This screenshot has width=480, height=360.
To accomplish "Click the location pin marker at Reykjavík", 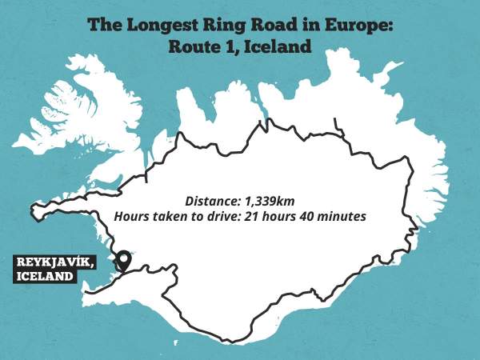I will point(123,260).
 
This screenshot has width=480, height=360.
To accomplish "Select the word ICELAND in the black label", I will point(43,277).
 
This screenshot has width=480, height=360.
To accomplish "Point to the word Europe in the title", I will point(359,25).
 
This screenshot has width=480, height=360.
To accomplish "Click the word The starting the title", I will point(103,25).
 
